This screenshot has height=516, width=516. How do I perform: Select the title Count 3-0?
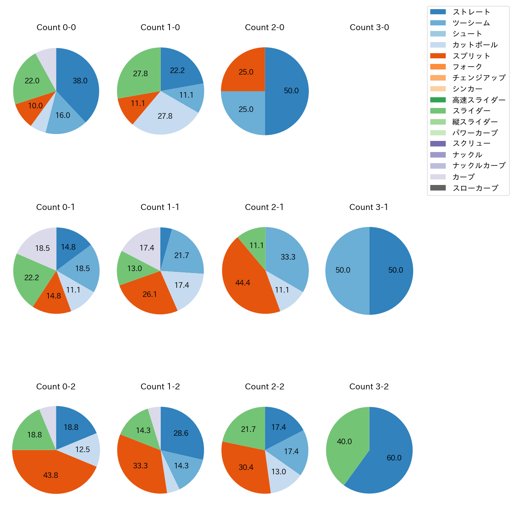click(369, 27)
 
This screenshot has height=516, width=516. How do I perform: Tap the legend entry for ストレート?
click(471, 12)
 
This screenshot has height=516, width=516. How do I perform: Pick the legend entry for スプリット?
click(471, 56)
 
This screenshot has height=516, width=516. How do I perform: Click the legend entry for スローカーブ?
click(475, 188)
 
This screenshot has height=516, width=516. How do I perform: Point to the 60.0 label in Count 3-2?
click(394, 458)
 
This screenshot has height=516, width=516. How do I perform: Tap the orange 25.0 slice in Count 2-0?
click(246, 72)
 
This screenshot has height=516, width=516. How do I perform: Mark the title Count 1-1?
click(160, 207)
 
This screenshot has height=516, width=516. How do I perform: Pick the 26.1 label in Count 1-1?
click(150, 294)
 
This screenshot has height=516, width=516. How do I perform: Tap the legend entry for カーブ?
click(463, 177)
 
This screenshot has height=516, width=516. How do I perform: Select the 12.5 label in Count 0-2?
click(83, 449)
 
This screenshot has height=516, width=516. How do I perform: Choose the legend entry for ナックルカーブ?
click(479, 166)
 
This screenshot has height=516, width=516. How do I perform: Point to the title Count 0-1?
click(56, 207)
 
